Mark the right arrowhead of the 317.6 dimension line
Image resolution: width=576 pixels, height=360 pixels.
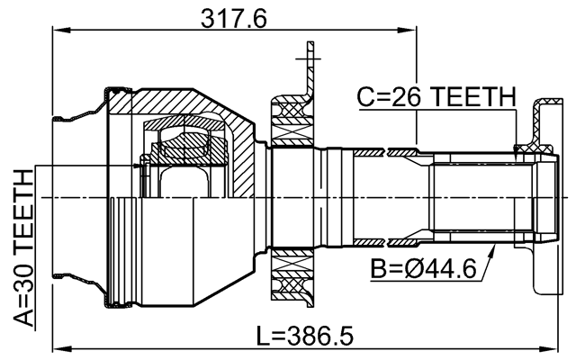(413, 31)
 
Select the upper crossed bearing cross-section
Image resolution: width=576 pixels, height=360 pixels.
(292, 121)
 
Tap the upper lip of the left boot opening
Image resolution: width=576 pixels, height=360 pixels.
(65, 116)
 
